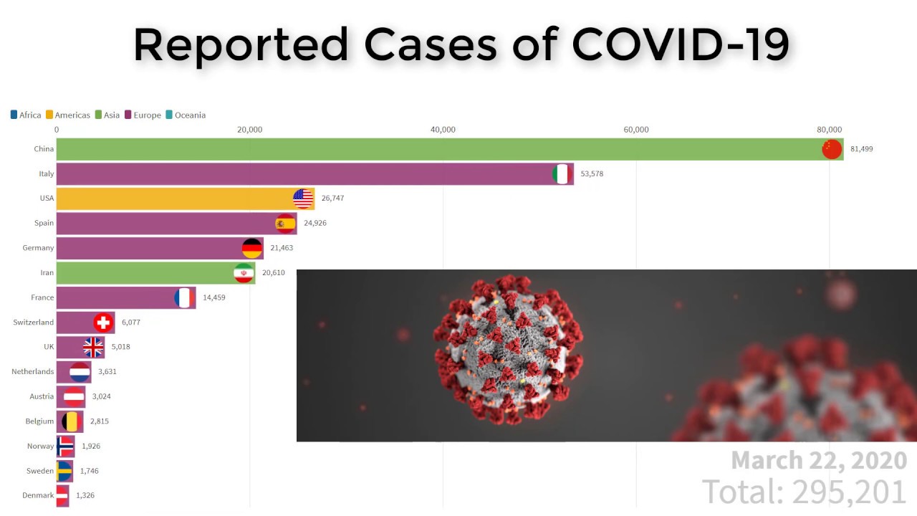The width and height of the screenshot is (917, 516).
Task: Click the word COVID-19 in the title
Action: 681,44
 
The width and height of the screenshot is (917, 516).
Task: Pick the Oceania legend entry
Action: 186,115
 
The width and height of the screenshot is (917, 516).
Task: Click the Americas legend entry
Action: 68,115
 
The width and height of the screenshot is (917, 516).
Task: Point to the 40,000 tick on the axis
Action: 443,130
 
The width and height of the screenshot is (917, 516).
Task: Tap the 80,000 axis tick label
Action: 829,130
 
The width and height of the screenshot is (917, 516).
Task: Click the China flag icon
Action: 832,149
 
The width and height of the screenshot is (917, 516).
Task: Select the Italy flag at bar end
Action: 562,173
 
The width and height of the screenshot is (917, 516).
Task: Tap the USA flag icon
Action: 303,199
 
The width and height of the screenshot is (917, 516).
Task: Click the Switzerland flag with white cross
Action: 103,322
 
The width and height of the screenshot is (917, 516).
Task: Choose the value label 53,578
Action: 592,174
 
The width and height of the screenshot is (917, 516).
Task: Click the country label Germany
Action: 38,248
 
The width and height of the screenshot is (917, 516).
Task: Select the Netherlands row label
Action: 32,372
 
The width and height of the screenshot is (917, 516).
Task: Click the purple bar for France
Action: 115,297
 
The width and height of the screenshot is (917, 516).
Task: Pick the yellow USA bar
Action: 172,199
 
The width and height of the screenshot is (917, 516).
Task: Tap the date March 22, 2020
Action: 819,460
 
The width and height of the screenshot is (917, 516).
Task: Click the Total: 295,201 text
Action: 805,492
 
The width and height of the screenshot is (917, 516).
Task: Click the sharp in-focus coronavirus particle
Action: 508,349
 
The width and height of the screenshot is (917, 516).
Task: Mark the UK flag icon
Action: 93,347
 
